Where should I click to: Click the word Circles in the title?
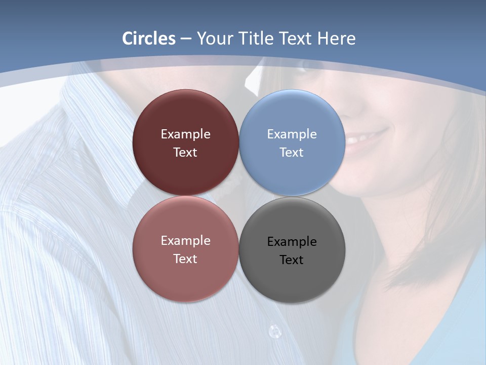(149, 39)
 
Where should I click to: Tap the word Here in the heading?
(336, 39)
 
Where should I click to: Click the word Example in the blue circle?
(292, 134)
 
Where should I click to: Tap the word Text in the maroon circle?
(185, 153)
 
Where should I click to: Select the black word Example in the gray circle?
(292, 242)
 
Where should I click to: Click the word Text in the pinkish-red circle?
(185, 259)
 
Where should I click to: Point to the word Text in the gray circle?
(292, 260)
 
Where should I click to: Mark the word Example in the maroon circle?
(185, 134)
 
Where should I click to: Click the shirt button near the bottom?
(274, 332)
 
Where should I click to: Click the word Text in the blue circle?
(292, 153)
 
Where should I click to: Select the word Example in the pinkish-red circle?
(185, 241)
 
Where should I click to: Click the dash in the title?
(186, 39)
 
